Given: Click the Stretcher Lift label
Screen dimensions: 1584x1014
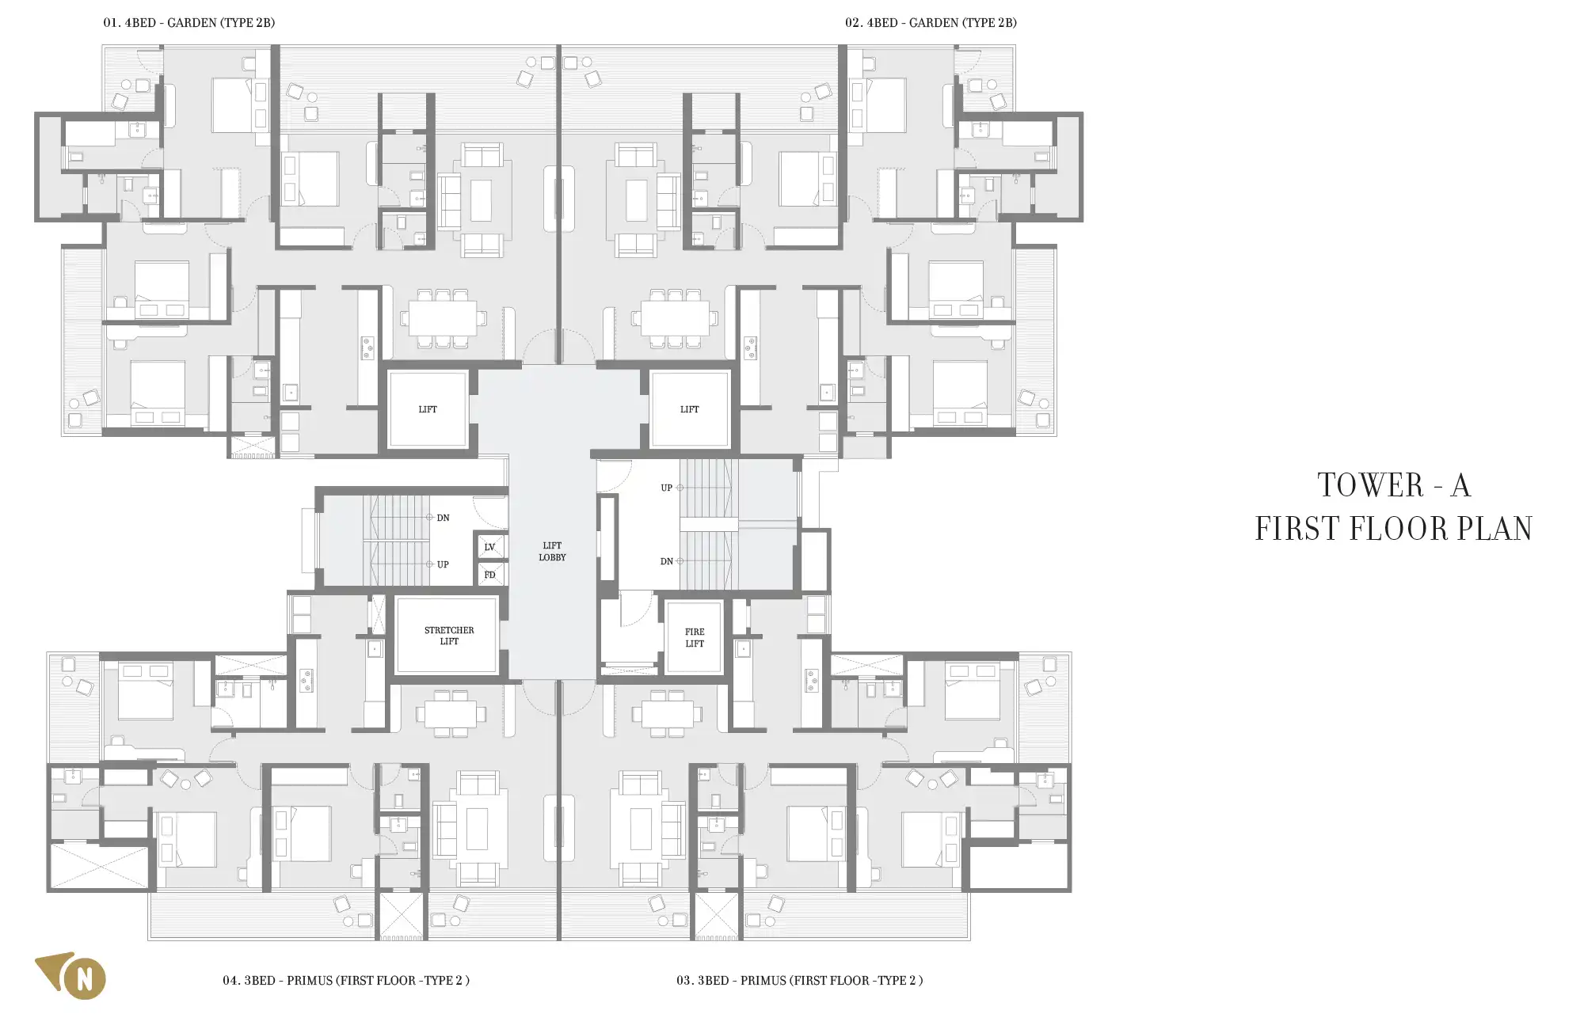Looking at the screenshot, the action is coord(449,636).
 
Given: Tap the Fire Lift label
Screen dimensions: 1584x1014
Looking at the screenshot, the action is coord(695,638).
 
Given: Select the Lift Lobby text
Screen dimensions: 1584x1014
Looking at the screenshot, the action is coord(552,551).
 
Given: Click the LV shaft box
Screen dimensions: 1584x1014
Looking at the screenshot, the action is coord(489,547).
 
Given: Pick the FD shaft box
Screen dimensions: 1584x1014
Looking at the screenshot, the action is coord(489,575).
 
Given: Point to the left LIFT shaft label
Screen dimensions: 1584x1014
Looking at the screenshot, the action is coord(428,409).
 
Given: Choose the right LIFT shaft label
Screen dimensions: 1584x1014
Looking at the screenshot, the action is coord(690,409).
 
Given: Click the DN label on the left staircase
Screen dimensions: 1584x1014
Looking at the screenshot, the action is coord(443,518).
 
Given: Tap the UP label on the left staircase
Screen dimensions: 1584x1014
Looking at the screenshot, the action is coord(443,564).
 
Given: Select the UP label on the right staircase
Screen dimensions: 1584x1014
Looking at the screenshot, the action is coord(667,488).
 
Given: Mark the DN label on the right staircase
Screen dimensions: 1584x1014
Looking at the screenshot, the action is coord(667,561).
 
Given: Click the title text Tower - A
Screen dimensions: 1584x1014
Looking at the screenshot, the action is coord(1394,485).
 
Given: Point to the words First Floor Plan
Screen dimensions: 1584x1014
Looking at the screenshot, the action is coord(1394,529).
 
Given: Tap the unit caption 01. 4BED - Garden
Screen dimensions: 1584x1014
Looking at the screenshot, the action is coord(189,23).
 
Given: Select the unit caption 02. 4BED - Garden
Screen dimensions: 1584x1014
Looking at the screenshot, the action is coord(931,23).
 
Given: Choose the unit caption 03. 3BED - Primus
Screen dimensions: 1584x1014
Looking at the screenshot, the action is coord(799,980).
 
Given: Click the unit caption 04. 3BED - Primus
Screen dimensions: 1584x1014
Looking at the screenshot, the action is coord(346,980).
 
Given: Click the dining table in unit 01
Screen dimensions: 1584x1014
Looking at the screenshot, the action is coord(443,318).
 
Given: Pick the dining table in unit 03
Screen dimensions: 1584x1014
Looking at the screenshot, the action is coord(668,714).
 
